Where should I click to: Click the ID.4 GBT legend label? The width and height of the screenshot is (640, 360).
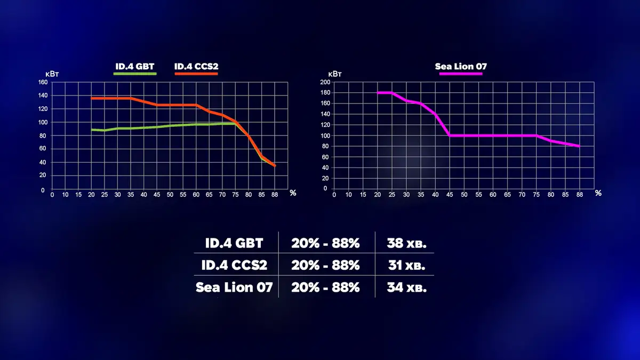point(134,67)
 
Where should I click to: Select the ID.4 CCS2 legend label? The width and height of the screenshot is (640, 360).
point(196,67)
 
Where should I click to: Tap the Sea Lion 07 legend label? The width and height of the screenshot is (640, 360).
point(461,67)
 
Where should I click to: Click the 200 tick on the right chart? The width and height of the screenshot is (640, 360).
point(322,82)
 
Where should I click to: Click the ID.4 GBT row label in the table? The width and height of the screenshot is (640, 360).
point(234,243)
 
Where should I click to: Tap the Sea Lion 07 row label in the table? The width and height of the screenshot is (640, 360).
point(234,287)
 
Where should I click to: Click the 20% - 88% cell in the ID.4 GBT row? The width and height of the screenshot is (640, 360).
point(325,243)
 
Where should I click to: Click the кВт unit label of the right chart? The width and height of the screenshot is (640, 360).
point(335,74)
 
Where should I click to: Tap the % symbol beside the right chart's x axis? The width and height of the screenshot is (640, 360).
point(598,193)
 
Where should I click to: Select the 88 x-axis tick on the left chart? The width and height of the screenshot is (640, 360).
point(275,195)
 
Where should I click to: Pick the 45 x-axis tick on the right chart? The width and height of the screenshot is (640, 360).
point(449,195)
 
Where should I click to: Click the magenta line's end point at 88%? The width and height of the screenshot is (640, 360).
point(579,146)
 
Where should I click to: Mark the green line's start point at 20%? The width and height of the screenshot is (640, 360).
point(92,130)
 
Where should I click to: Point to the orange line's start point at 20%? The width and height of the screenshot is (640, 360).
point(92,98)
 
